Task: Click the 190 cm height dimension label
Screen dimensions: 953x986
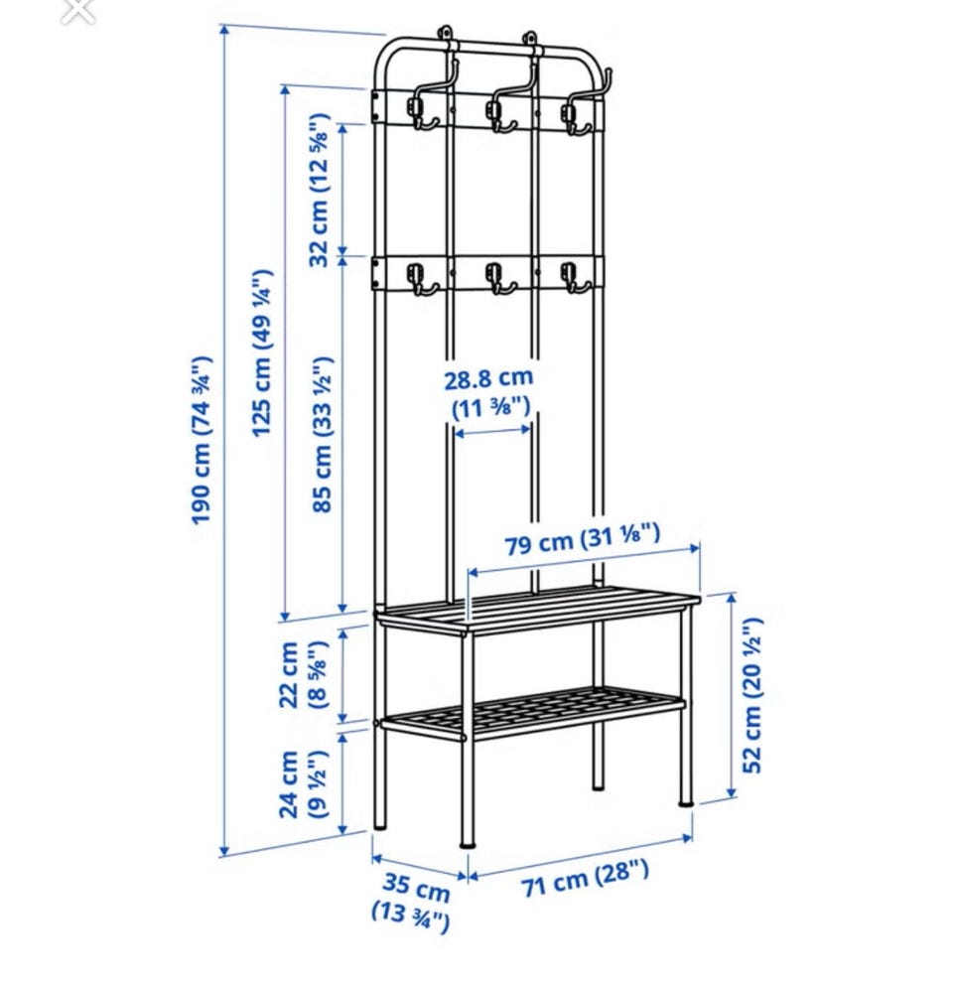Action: point(201,440)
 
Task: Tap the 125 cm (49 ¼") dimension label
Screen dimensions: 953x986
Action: point(261,352)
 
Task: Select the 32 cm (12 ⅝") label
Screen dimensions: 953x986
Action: point(320,190)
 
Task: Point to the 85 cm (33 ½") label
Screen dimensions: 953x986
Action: point(322,435)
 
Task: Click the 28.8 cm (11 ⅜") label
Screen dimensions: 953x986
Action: point(489,392)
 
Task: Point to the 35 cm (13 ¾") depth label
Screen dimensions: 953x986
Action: point(412,900)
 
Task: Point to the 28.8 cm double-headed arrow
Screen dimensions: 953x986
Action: point(492,432)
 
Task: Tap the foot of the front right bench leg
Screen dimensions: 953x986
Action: point(685,802)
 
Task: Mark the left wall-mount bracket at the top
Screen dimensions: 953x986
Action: point(445,34)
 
